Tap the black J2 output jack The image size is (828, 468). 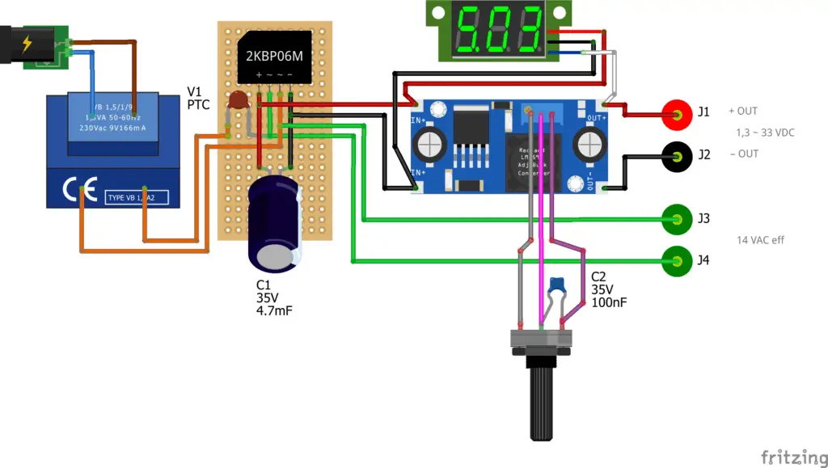point(677,155)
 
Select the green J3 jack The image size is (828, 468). point(675,217)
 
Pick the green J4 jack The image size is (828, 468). point(675,259)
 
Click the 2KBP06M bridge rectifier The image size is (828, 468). point(273,57)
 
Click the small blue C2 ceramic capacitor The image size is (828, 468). point(556,285)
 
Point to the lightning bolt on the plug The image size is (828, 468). point(27,43)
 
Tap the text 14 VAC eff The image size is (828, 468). point(760,240)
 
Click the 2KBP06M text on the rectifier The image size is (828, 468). point(273,57)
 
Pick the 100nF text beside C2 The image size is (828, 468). point(609,302)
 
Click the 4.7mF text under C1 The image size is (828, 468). point(274,310)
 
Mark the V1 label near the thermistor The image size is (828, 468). point(195,91)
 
